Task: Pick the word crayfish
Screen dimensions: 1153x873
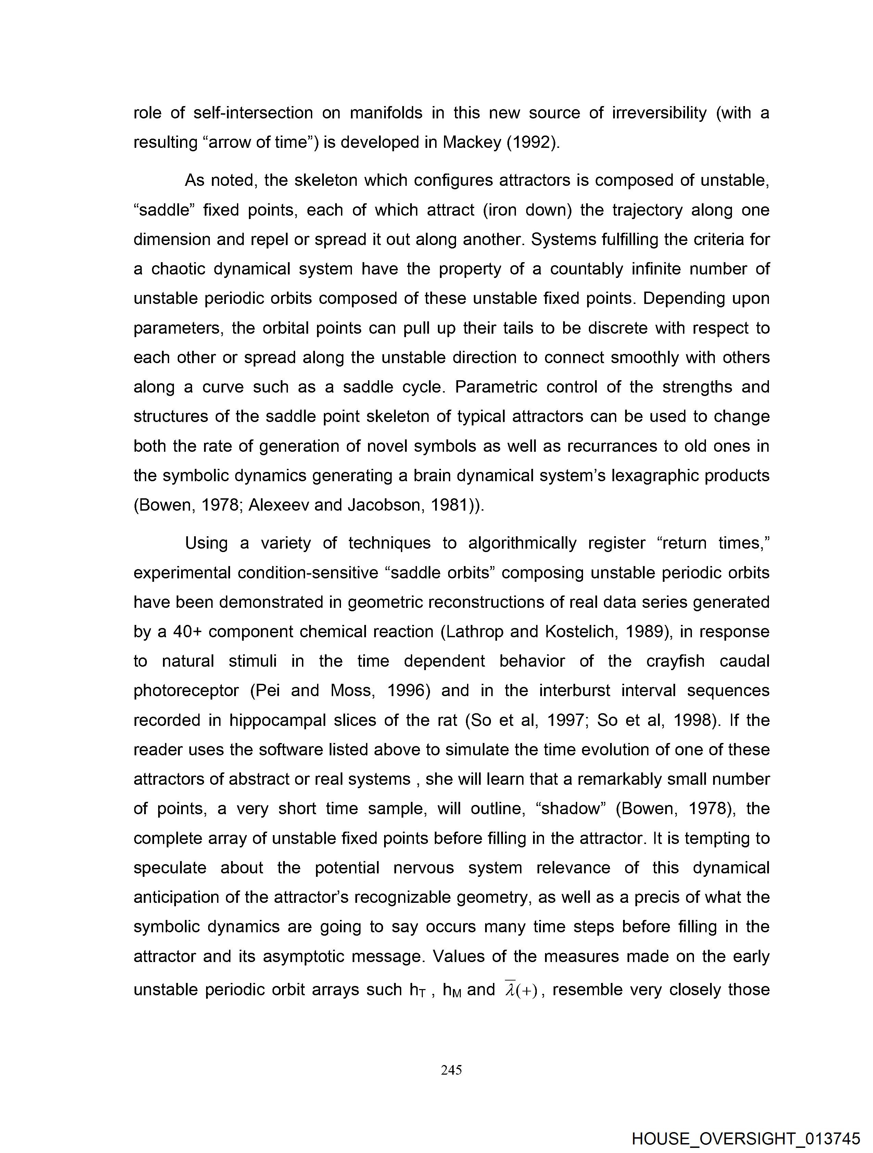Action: point(675,661)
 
